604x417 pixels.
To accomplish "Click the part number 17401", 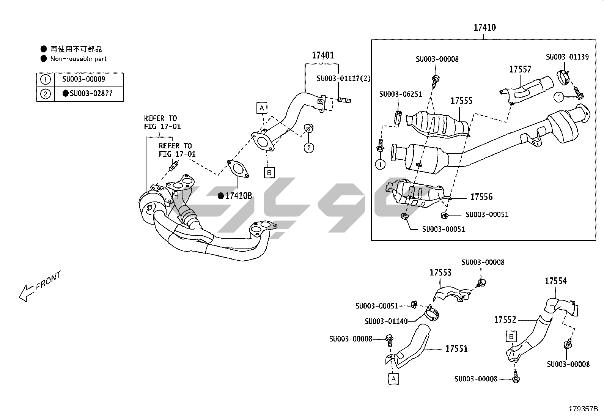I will click(x=323, y=55).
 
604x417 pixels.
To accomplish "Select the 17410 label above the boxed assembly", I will click(x=484, y=28).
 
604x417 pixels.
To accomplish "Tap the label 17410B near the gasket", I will click(x=238, y=196).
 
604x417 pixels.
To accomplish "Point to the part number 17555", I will click(x=461, y=101).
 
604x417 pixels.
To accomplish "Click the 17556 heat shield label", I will click(x=481, y=197).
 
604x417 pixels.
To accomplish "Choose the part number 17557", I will click(x=520, y=69).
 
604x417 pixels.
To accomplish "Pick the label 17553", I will click(x=440, y=272).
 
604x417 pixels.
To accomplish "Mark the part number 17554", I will click(x=556, y=281).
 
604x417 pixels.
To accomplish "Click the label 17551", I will click(x=456, y=348).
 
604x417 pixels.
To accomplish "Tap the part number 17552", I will click(x=505, y=320).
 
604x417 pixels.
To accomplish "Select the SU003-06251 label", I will click(x=401, y=94).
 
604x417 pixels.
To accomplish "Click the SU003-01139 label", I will click(x=567, y=57).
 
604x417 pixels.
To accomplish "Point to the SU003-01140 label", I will click(x=386, y=321).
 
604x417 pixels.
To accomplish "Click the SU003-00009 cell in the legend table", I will click(x=84, y=79).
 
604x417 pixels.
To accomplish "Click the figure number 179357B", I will click(x=583, y=409).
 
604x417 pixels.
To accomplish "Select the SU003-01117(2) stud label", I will click(x=344, y=79).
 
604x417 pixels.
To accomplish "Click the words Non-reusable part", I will click(x=79, y=59).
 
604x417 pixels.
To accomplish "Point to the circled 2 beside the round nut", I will click(x=309, y=148).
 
